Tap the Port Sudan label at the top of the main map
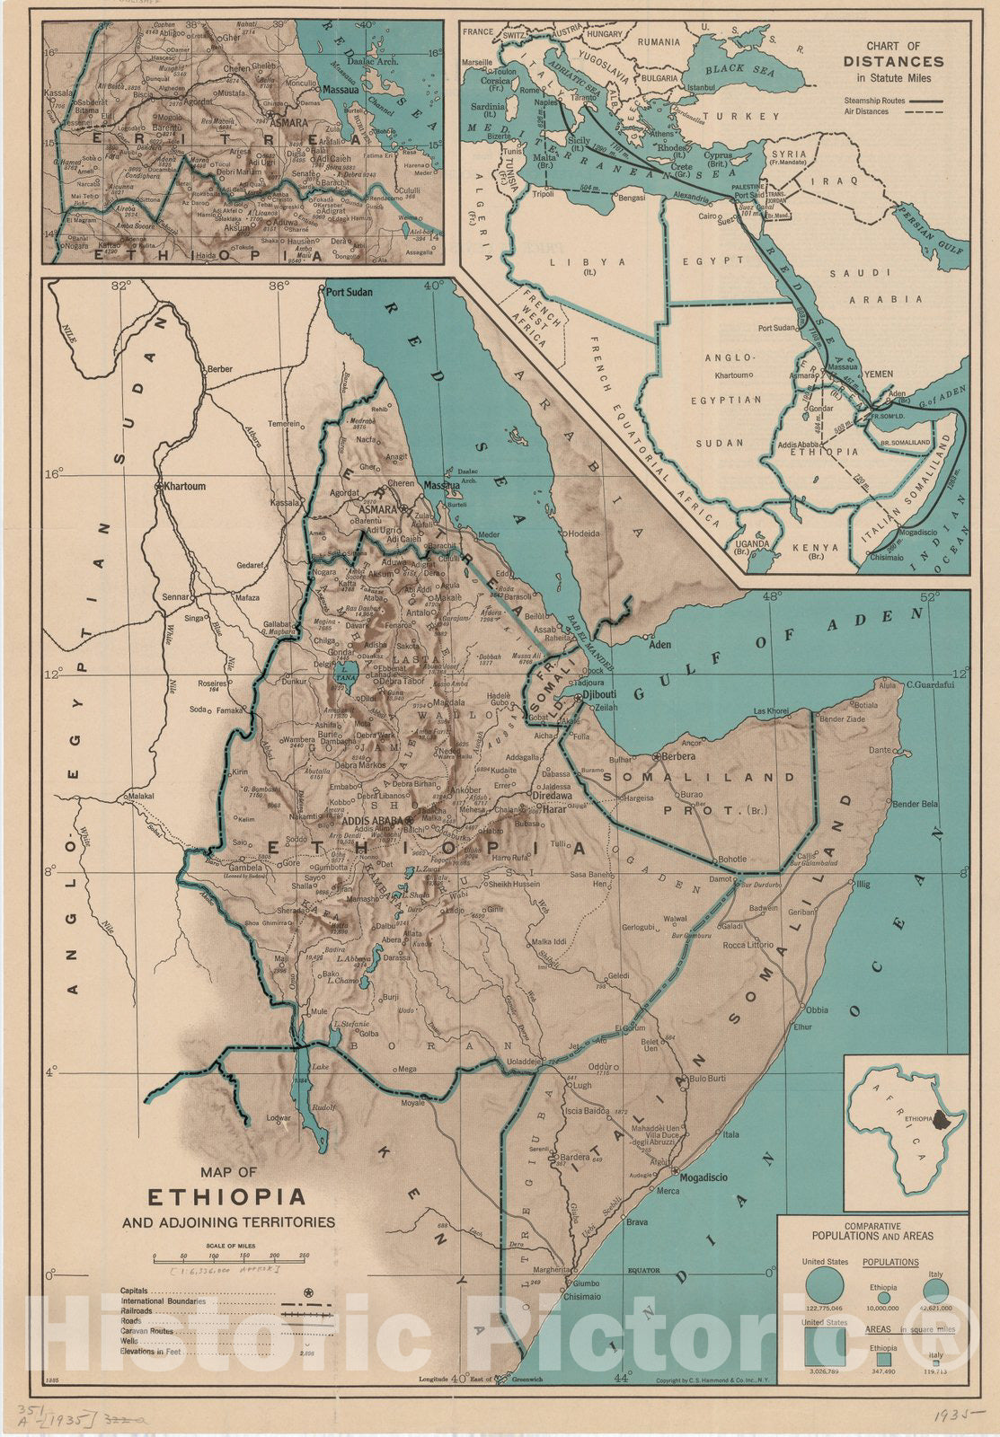(350, 292)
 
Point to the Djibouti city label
(597, 694)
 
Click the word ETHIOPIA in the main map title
(226, 1198)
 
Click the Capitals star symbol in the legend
(309, 1292)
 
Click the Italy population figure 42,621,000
(936, 1309)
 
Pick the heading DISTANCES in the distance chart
(893, 62)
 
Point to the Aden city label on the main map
(661, 645)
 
